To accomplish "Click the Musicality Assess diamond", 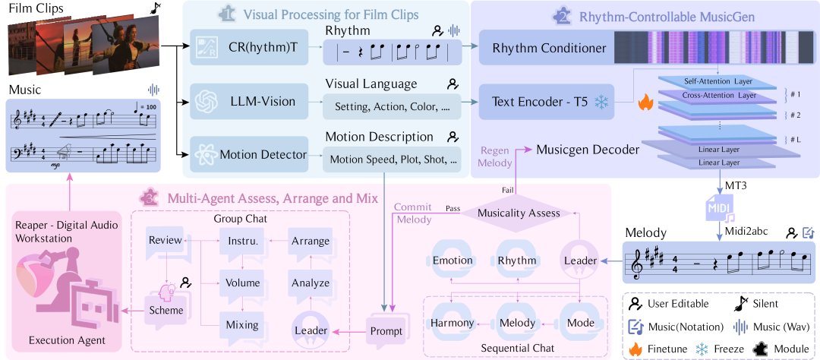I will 519,213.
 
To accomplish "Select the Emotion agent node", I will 453,261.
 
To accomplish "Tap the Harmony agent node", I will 453,324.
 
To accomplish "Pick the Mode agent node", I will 582,324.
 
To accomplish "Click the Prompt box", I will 386,332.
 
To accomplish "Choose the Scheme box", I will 166,310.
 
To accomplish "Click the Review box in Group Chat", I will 165,241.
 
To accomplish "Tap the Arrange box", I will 310,241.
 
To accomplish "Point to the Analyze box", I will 310,283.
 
